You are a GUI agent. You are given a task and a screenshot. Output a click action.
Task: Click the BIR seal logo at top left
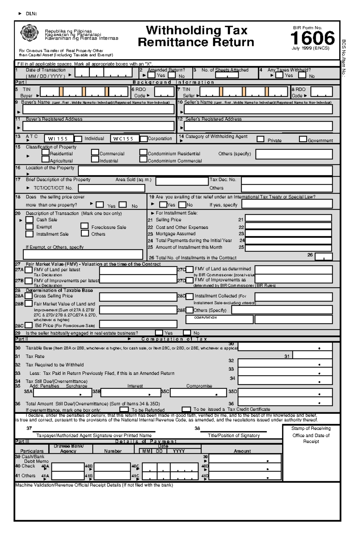[29, 33]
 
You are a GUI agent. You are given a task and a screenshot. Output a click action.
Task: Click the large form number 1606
[312, 38]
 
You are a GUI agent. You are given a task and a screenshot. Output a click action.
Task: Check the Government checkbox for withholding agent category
[303, 139]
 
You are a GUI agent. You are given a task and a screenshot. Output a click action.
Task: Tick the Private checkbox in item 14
[260, 139]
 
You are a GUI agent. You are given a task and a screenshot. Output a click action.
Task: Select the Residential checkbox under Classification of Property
[46, 152]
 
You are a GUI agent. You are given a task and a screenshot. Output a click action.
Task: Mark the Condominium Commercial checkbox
[143, 159]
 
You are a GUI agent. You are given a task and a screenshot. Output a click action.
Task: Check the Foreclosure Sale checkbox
[85, 226]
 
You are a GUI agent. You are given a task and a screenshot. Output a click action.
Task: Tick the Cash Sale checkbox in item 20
[29, 220]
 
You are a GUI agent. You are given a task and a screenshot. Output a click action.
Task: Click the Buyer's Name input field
[99, 109]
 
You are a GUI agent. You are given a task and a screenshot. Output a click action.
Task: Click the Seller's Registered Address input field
[258, 126]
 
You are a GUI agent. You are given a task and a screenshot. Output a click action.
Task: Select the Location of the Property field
[205, 171]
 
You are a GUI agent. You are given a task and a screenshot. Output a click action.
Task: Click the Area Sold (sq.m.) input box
[182, 181]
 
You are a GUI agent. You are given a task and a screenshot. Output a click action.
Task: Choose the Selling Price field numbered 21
[288, 218]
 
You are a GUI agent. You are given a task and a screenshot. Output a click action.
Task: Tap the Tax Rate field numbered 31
[312, 355]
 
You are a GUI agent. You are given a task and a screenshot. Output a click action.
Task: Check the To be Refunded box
[124, 409]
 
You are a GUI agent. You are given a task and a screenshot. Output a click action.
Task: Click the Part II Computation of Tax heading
[174, 339]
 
